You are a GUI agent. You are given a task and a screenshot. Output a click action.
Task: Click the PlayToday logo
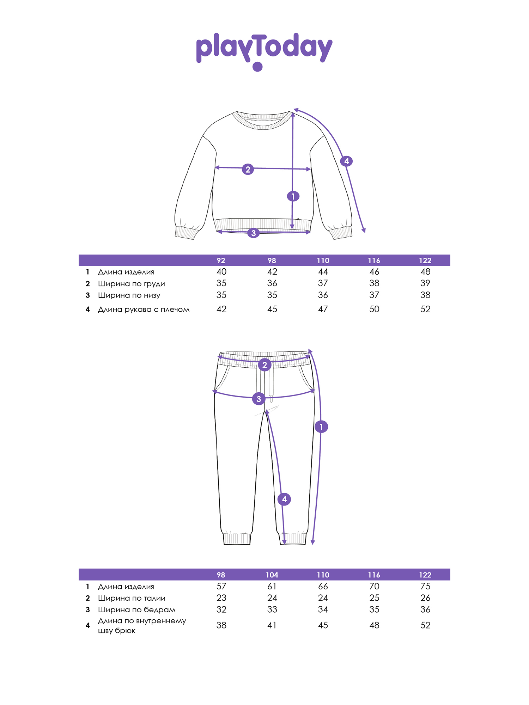coord(264,51)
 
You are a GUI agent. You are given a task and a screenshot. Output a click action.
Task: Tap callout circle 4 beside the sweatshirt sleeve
coord(346,161)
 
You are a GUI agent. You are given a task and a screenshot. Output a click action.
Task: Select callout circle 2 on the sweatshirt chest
coord(248,169)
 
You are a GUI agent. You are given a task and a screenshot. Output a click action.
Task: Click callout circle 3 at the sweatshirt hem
coord(253,233)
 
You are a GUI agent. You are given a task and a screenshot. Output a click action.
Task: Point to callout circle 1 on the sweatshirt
coord(293,196)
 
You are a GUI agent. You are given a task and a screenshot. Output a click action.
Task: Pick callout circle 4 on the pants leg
coord(284,499)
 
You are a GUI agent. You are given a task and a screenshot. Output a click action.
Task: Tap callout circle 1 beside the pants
coord(321,427)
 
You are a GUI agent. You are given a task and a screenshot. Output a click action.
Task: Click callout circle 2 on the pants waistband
coord(264,365)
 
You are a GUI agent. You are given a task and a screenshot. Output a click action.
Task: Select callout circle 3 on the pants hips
coord(259,399)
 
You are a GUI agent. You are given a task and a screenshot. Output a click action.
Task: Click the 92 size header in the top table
coord(221,260)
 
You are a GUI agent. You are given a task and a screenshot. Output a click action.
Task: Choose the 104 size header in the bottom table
coord(272,575)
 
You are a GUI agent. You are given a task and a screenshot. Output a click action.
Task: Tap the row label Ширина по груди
coord(131,284)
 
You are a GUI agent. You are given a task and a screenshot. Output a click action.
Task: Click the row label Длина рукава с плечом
coord(144,309)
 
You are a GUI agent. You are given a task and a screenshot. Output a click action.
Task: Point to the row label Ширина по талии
coord(132,598)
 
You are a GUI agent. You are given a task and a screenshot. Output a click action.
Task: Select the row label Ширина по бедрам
coord(136,610)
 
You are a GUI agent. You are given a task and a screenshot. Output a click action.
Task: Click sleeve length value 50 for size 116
coord(374,309)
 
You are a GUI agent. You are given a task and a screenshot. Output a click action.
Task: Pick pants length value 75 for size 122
coord(425,586)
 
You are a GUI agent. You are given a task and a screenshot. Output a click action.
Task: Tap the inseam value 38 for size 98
coord(221,625)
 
